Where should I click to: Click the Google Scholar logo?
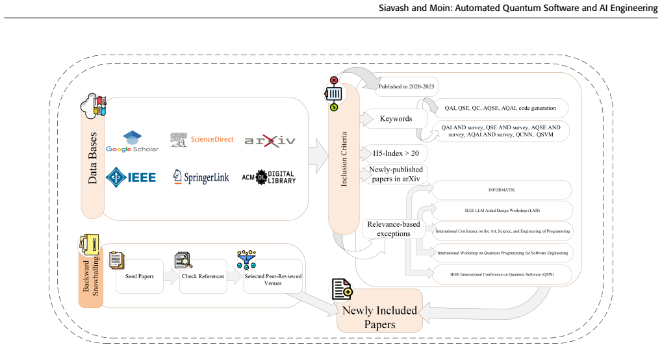[132, 142]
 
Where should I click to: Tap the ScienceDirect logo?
[202, 140]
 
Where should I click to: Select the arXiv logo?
[270, 141]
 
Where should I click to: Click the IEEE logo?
[131, 177]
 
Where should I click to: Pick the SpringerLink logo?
[201, 177]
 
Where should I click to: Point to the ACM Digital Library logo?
[269, 177]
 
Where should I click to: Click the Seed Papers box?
[139, 276]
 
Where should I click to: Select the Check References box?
[203, 276]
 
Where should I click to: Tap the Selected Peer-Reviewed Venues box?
[273, 277]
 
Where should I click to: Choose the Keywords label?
[396, 119]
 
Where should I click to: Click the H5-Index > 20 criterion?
[396, 153]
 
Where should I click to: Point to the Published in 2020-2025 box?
[406, 86]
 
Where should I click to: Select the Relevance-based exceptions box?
[394, 229]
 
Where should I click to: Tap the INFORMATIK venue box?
[502, 190]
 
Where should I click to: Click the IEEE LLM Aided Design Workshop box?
[502, 211]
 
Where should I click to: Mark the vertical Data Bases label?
[92, 158]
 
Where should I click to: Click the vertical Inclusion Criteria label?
[344, 159]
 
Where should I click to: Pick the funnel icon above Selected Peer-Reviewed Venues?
[247, 260]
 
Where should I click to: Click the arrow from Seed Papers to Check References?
[172, 276]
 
